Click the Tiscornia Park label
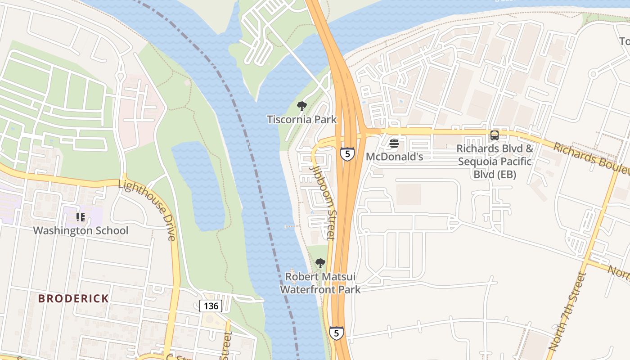click(301, 120)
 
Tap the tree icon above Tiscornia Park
click(301, 106)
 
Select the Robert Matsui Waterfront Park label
click(320, 283)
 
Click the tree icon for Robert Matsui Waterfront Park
click(320, 263)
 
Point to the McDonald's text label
click(394, 157)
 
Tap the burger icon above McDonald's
click(394, 144)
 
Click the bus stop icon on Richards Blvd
click(494, 135)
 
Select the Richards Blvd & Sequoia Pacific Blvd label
click(495, 161)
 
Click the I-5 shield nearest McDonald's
click(347, 154)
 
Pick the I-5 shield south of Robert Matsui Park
click(336, 333)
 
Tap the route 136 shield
click(211, 306)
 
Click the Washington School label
click(81, 231)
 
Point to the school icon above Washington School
click(81, 218)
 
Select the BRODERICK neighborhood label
click(73, 298)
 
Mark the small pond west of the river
click(198, 184)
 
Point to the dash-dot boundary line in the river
click(265, 202)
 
